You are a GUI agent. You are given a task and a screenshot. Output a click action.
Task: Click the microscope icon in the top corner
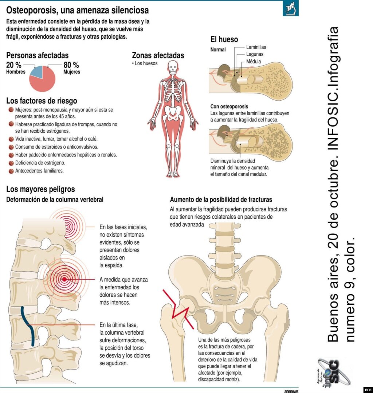291,8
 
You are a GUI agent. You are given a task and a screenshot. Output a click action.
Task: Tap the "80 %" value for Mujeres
71,65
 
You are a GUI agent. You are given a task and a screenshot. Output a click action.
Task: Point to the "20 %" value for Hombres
14,65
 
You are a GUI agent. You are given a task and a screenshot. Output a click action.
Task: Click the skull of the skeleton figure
173,67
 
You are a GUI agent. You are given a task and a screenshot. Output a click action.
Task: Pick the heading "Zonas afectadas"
158,55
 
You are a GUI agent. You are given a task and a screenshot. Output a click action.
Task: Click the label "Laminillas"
256,47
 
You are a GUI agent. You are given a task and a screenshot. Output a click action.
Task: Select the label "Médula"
253,61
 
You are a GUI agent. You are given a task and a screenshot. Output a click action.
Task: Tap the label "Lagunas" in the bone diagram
255,54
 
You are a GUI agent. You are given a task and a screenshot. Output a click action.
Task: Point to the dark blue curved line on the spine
28,326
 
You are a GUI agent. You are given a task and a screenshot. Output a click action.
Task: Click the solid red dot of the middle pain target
64,279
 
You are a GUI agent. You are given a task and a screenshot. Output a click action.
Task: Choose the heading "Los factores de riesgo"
42,101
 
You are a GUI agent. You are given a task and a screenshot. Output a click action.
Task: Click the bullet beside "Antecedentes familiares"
11,171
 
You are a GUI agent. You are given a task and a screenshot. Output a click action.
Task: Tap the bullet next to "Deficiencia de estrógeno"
11,163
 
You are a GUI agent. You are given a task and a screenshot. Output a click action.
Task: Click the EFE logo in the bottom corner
368,390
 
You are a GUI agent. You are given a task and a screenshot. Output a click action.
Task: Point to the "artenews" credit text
291,391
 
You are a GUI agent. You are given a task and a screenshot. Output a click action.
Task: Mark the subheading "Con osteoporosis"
229,106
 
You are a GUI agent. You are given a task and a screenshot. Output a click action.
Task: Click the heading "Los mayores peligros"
40,189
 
